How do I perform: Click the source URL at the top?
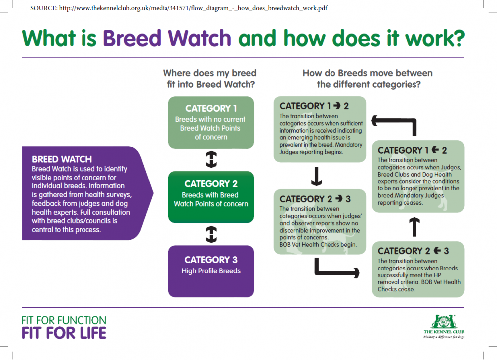coord(178,8)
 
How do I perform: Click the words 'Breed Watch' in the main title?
coord(167,38)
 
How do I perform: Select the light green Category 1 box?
coord(211,122)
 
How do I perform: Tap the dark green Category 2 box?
coord(211,196)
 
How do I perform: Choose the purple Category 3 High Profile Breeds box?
coord(211,271)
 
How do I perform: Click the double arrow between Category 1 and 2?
coord(211,160)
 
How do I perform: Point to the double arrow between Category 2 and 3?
coord(211,234)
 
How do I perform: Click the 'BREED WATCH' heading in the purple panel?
coord(62,160)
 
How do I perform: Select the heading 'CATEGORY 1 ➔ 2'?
coord(315,106)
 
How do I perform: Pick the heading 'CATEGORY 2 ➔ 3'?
coord(316,199)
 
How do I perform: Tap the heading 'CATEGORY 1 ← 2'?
coord(413,150)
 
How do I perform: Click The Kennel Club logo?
coord(443,326)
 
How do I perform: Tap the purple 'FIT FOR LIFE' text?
coord(64,333)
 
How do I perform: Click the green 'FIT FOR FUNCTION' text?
coord(64,320)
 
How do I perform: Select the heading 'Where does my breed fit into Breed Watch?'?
coord(211,78)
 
